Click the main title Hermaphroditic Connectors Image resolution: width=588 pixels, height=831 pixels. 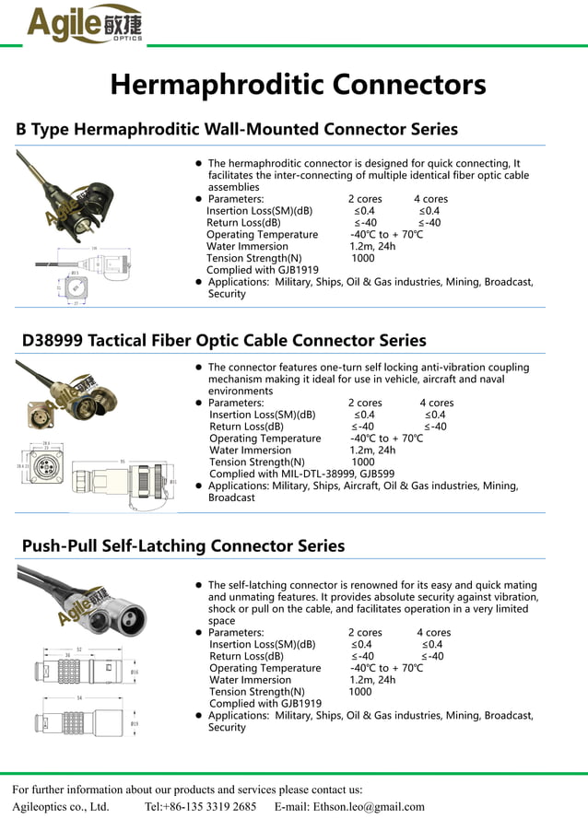[x=298, y=85]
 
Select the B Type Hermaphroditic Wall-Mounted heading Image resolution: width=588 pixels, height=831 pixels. [x=237, y=129]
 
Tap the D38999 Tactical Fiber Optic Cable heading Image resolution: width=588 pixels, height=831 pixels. [x=224, y=340]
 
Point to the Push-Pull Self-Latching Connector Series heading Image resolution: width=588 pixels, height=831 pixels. [x=183, y=545]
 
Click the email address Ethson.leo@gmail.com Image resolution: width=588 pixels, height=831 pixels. [x=349, y=806]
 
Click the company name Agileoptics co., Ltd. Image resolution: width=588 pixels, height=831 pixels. [x=61, y=806]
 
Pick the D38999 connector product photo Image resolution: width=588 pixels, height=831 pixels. [x=77, y=397]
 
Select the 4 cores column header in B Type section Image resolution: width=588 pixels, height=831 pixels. [x=430, y=199]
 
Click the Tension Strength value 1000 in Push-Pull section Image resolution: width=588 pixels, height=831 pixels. [x=360, y=692]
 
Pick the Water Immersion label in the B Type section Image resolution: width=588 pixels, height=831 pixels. [x=248, y=247]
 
